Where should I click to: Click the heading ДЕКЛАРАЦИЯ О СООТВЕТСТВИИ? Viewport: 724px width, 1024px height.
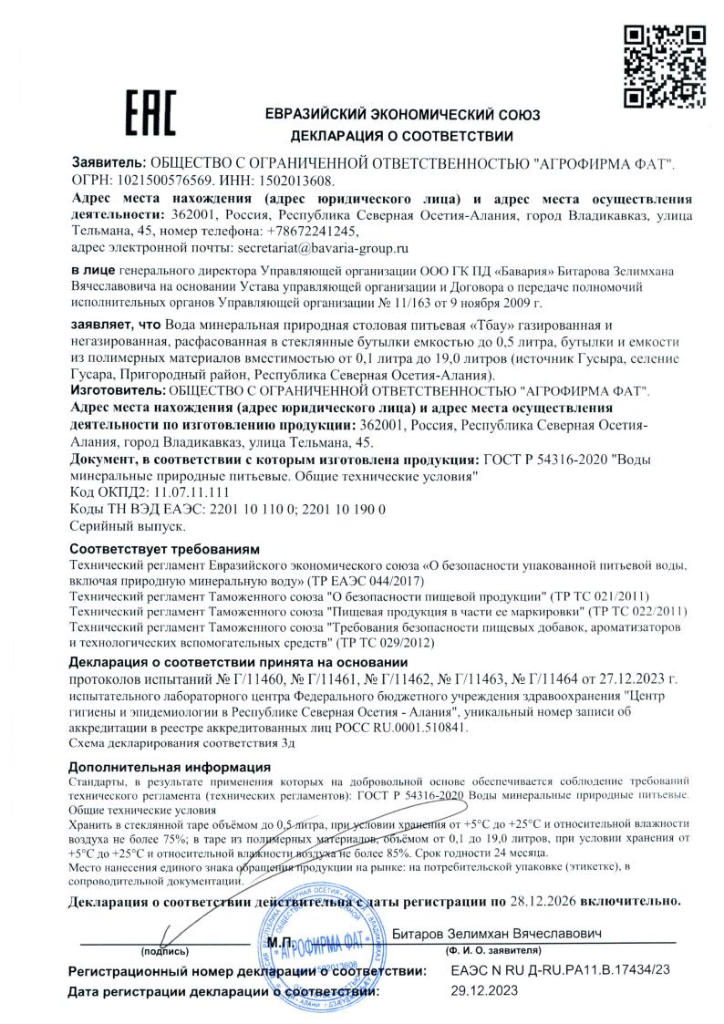tap(401, 137)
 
